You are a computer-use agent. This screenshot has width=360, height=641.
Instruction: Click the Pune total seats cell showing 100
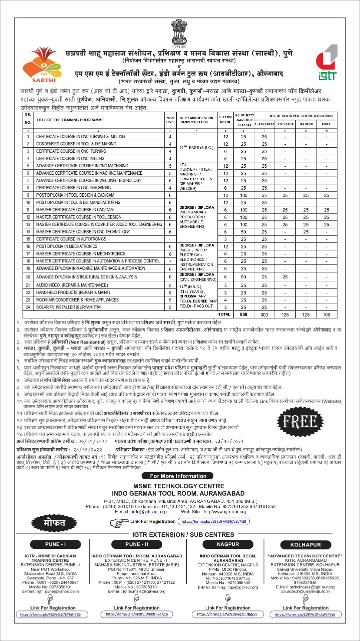327,314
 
